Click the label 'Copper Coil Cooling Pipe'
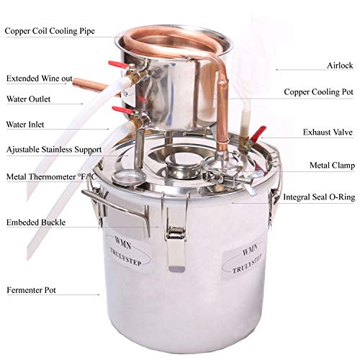click(50, 32)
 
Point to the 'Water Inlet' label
click(25, 125)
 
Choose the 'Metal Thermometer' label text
click(50, 176)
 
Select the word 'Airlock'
click(338, 65)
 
